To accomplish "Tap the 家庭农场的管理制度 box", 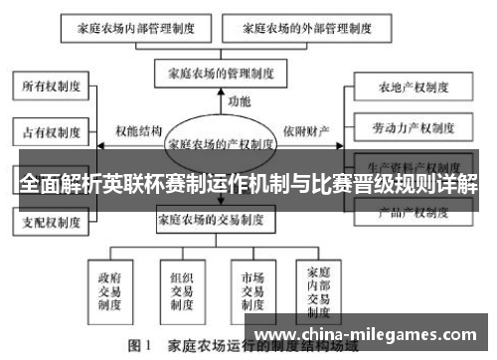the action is [x=220, y=73].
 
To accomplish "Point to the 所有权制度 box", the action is [x=52, y=87].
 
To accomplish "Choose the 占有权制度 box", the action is [x=52, y=130].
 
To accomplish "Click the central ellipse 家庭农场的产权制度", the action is [x=221, y=142].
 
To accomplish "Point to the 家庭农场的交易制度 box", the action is [x=221, y=220].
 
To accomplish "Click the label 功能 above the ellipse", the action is [x=239, y=101].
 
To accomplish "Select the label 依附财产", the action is [x=307, y=130].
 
